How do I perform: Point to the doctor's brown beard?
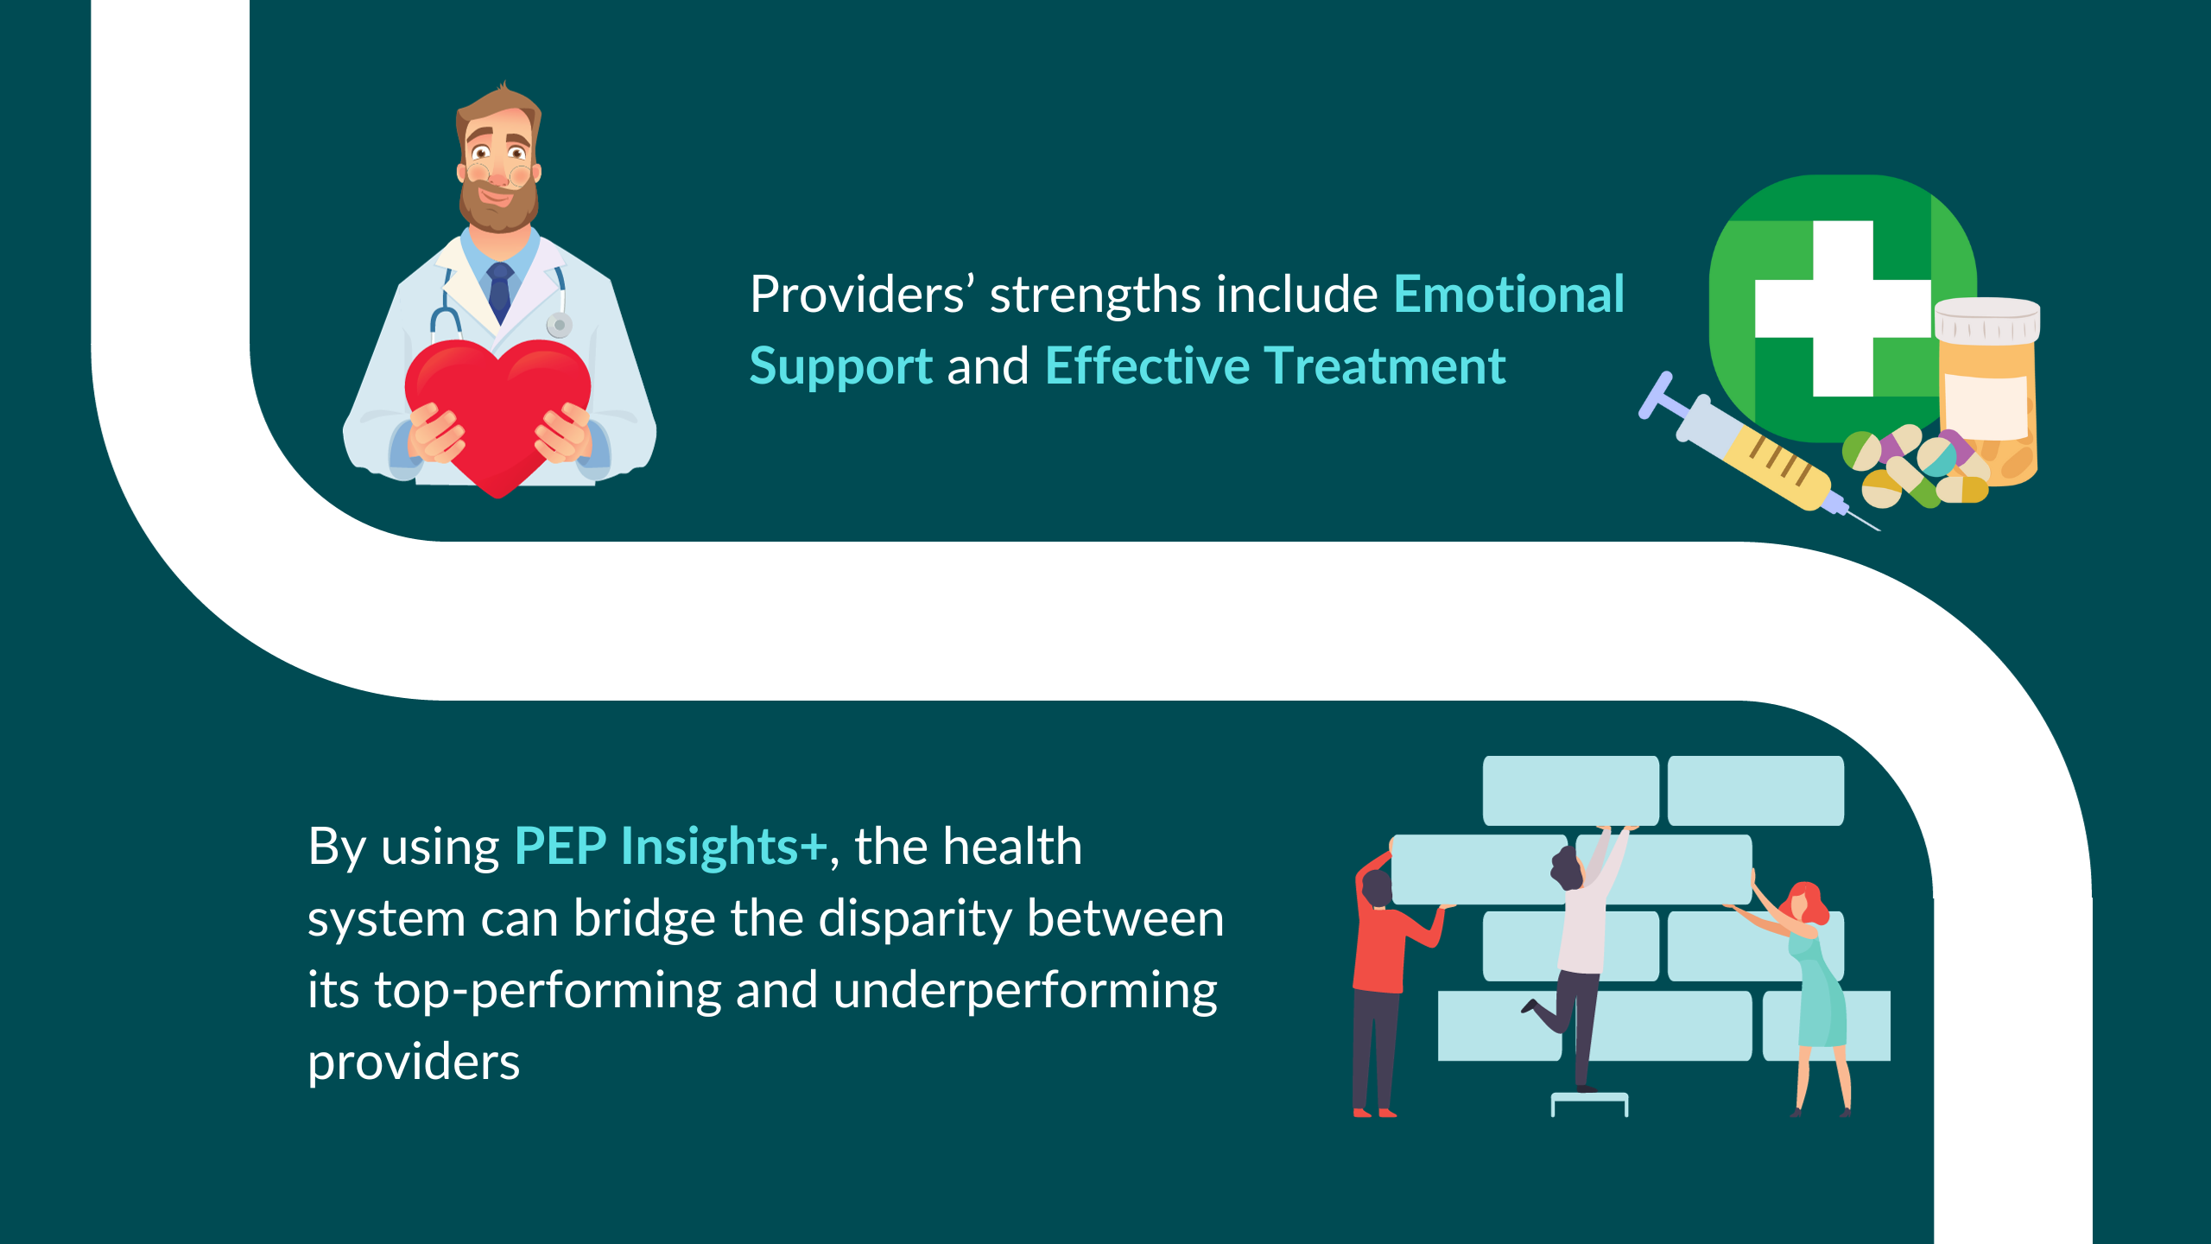(x=497, y=200)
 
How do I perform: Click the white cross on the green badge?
(x=1842, y=308)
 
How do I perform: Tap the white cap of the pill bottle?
(x=1987, y=321)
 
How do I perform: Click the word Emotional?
(x=1509, y=295)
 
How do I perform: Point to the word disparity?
(x=915, y=919)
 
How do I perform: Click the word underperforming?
(x=1025, y=991)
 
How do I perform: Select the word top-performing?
(x=548, y=991)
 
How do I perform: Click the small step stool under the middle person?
(x=1590, y=1104)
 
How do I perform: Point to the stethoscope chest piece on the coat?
(x=559, y=326)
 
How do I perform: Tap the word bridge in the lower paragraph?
(x=644, y=919)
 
